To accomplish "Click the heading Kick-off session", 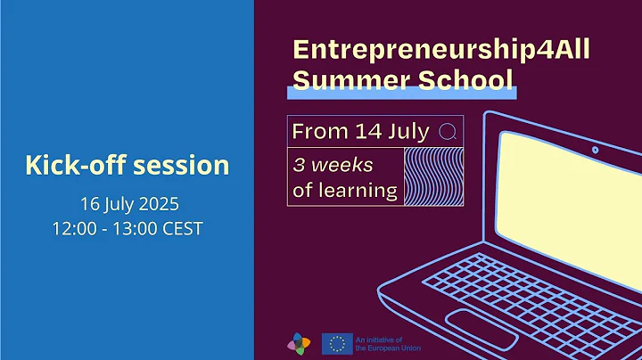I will (127, 165).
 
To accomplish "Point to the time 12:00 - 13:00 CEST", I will (127, 229).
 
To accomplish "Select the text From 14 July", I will (361, 132).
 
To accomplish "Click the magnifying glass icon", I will (448, 132).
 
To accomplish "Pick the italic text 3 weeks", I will (333, 166).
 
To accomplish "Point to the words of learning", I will (345, 189).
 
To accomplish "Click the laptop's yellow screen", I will (571, 192).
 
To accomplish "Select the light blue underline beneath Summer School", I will (401, 93).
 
